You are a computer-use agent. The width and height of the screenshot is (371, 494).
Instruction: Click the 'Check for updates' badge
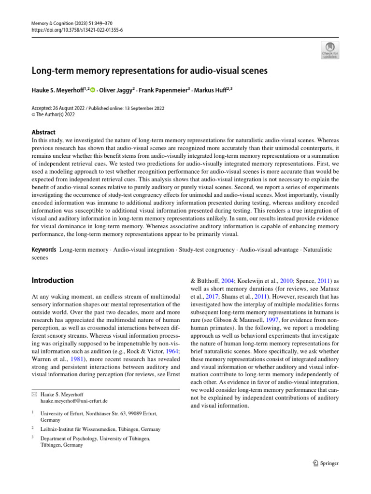pyautogui.click(x=330, y=50)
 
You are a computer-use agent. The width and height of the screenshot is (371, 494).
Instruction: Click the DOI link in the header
pyautogui.click(x=77, y=29)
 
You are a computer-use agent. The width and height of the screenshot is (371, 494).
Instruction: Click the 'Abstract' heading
pyautogui.click(x=43, y=132)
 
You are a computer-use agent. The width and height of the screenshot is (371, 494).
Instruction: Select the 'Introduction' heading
pyautogui.click(x=53, y=280)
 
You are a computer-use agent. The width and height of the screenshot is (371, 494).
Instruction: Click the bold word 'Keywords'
pyautogui.click(x=44, y=249)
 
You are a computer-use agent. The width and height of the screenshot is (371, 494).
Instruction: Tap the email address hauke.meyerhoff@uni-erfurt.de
pyautogui.click(x=74, y=401)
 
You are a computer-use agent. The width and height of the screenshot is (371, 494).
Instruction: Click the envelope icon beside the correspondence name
pyautogui.click(x=34, y=394)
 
